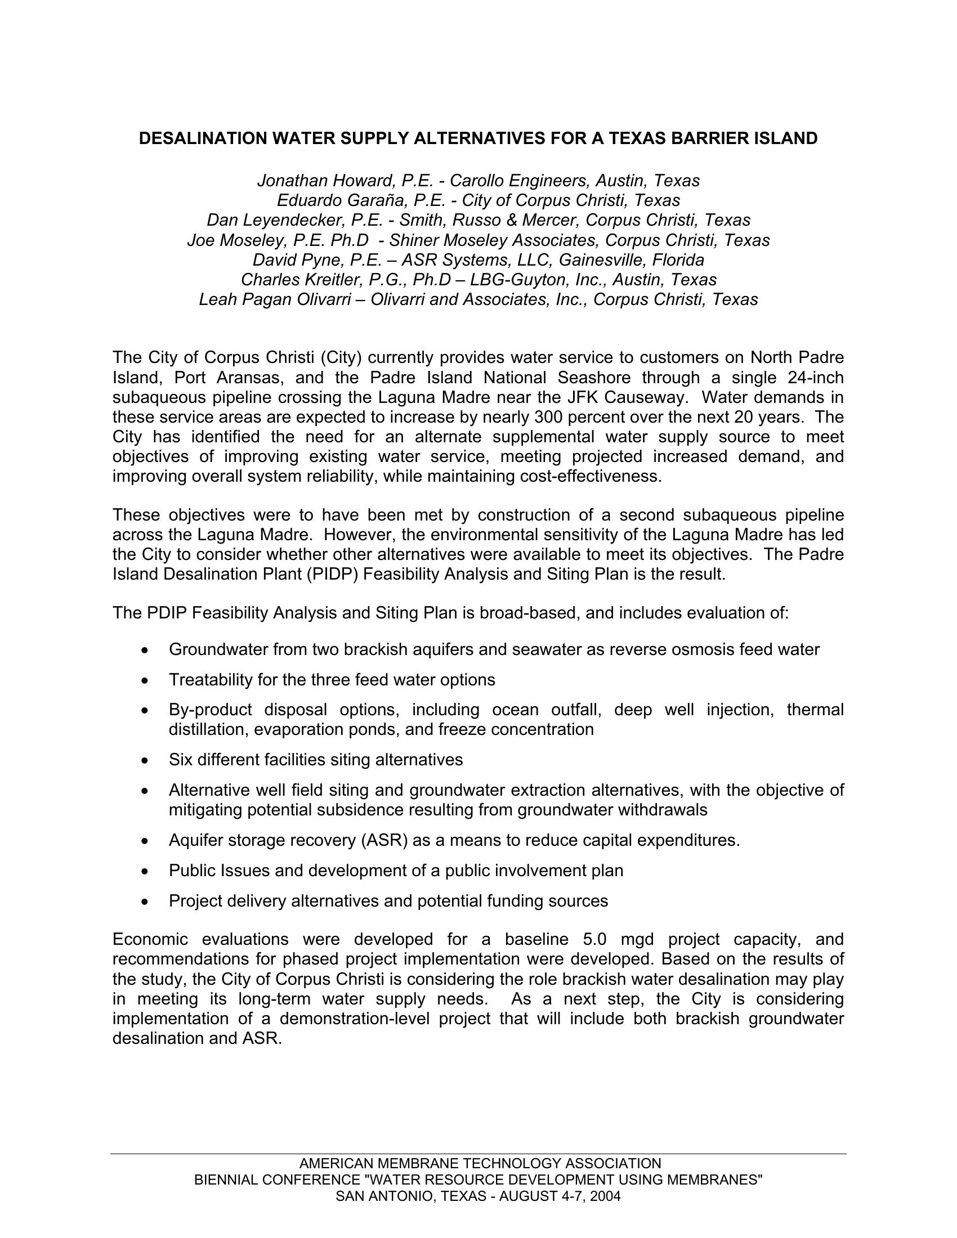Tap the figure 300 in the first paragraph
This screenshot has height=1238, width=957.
coord(548,417)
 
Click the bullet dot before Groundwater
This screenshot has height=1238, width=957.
coord(147,650)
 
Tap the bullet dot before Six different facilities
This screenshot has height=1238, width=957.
coord(147,760)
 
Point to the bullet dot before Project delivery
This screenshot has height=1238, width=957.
coord(147,901)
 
